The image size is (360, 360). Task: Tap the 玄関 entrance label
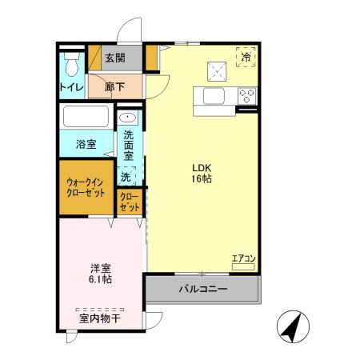point(114,58)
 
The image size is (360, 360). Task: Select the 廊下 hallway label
point(115,87)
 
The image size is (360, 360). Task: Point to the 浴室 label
point(86,145)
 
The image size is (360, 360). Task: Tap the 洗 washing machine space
point(126,175)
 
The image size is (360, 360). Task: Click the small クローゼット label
point(130,201)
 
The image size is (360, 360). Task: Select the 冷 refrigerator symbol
point(246,58)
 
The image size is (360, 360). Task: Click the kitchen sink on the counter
point(216,96)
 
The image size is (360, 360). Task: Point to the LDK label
point(201,167)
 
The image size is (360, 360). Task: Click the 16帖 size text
point(201,180)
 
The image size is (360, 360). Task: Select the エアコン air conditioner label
point(242,258)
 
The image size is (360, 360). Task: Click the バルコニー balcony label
point(202,288)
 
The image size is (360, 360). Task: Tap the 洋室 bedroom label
point(100,267)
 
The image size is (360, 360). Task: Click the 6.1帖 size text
point(100,280)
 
